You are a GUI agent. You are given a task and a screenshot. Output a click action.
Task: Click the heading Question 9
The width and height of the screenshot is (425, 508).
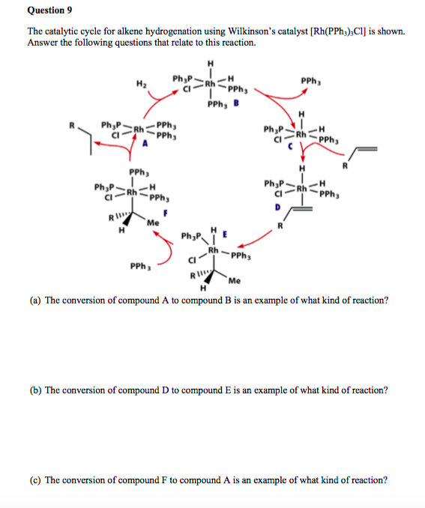pos(47,10)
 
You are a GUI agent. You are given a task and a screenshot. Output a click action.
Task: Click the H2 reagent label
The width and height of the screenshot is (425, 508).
pos(142,83)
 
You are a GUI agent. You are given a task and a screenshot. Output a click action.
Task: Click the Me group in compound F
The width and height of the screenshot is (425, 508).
pos(153,223)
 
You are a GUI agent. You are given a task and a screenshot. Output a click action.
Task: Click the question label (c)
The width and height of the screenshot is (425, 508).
pos(34,480)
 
